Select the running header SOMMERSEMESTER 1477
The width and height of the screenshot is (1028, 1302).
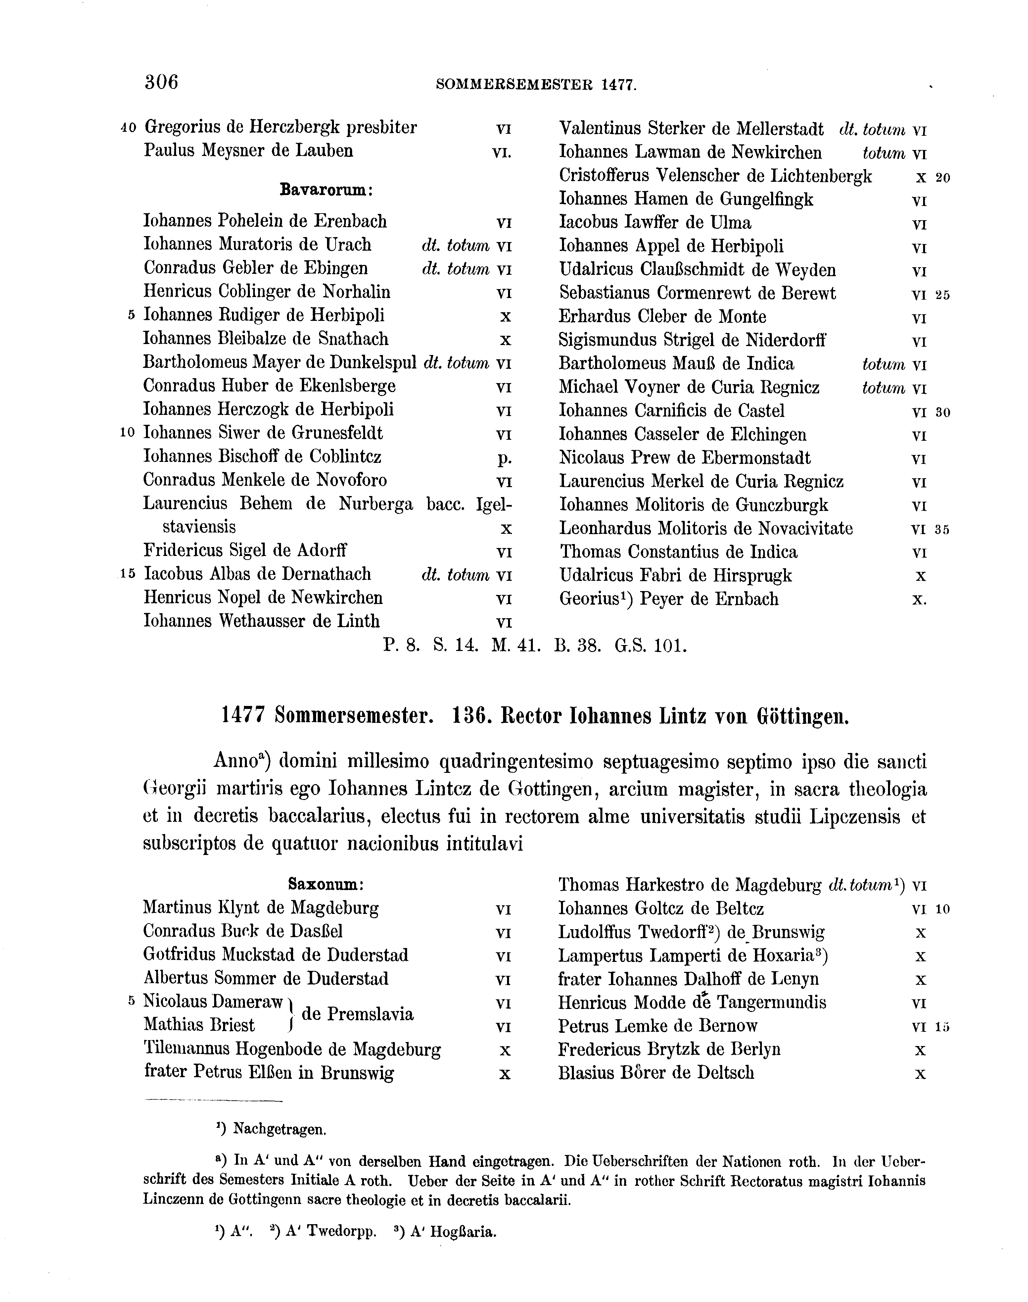[x=536, y=85]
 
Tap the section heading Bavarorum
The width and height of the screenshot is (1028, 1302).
[x=327, y=190]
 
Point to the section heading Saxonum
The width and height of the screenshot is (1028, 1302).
[x=326, y=885]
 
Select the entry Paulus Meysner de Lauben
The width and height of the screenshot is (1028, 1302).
[x=248, y=151]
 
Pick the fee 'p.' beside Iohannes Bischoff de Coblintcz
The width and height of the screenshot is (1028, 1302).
[x=505, y=458]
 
